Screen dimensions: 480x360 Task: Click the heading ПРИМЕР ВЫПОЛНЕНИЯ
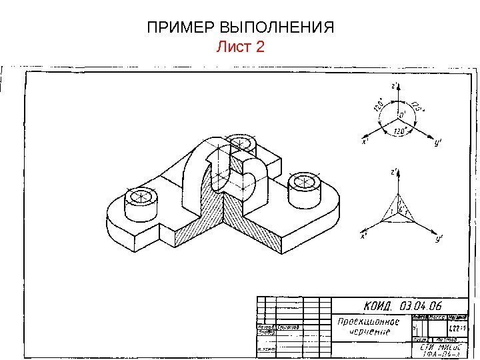(240, 29)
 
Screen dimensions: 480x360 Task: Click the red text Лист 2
(241, 47)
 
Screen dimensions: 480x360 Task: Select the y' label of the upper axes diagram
(437, 142)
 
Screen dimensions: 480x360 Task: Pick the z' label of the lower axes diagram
(395, 172)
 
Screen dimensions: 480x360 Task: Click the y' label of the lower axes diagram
(438, 238)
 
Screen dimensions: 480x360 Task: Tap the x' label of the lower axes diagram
(364, 236)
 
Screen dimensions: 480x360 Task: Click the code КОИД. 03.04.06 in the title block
(406, 306)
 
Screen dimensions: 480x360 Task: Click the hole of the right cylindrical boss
(306, 181)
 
